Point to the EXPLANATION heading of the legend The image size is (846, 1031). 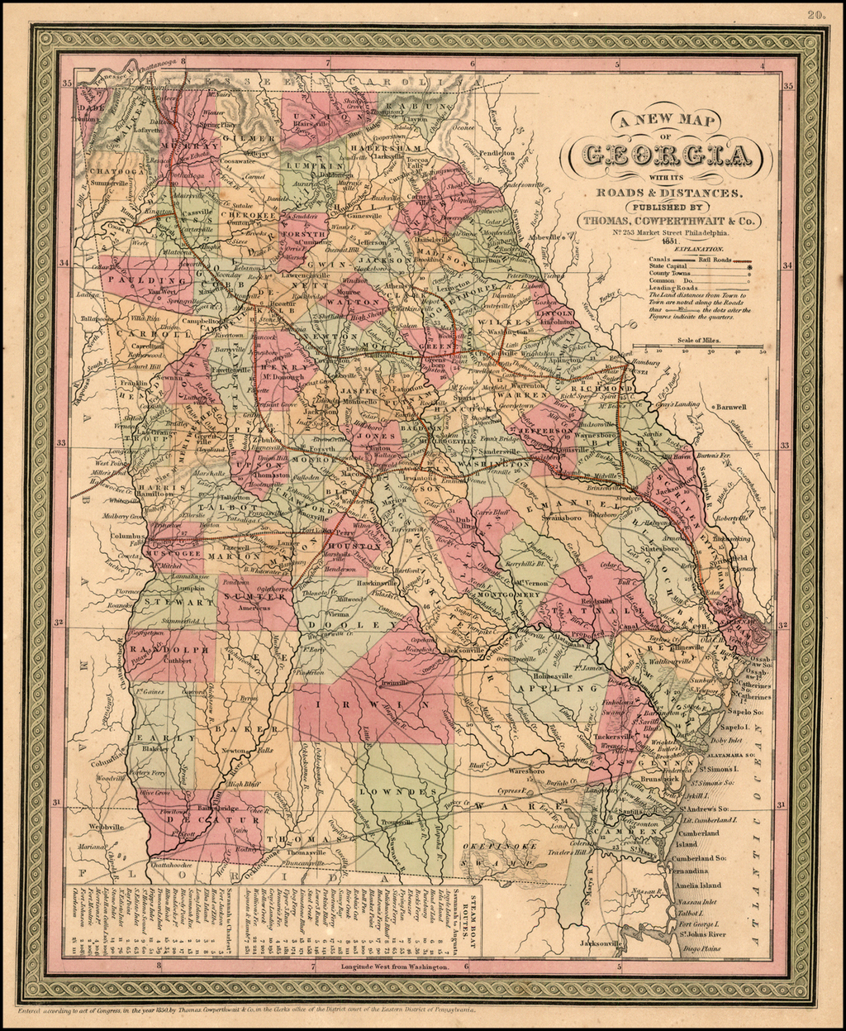(x=699, y=248)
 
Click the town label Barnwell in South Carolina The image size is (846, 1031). (x=730, y=408)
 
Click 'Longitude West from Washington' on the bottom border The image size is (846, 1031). (x=395, y=966)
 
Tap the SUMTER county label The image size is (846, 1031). (x=252, y=595)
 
